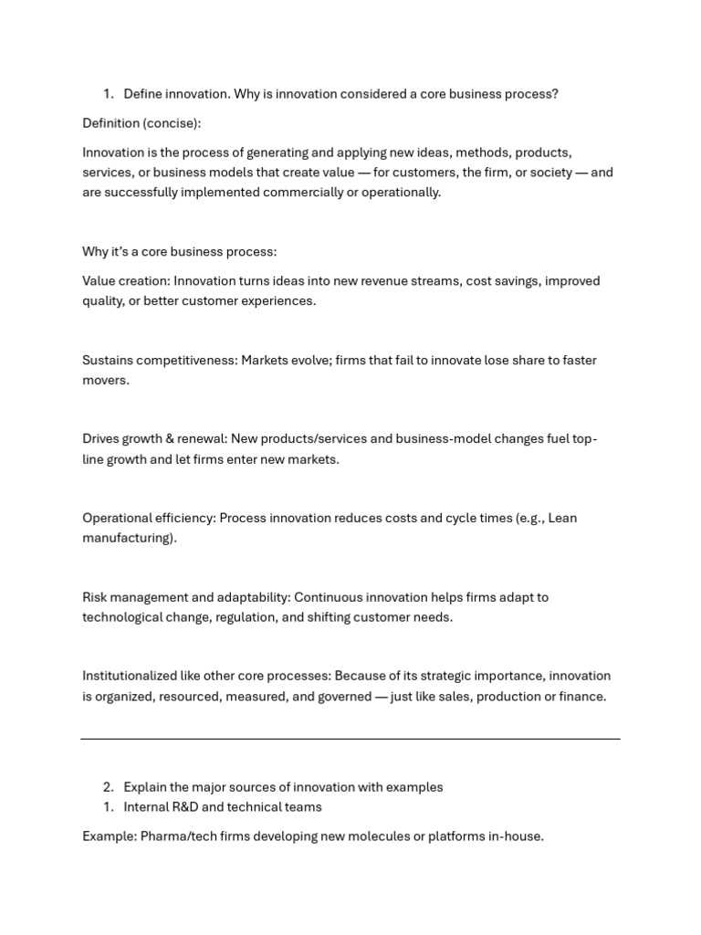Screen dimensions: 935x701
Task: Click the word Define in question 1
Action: click(144, 94)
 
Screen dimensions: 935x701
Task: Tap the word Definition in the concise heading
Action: click(110, 123)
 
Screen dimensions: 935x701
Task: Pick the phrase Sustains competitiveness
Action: click(159, 361)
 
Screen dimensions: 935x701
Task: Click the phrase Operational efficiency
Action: click(148, 519)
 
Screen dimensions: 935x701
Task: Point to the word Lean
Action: click(562, 519)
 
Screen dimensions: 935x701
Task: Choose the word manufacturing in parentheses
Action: click(126, 539)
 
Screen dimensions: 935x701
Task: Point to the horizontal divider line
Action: click(350, 739)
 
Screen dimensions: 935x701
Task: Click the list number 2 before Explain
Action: click(108, 787)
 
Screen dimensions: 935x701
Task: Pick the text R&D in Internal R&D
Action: click(181, 807)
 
